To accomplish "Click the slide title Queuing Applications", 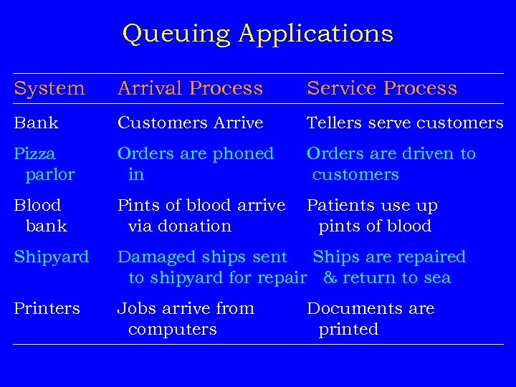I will point(258,34).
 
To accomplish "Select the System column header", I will point(49,88).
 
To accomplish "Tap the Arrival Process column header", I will point(190,88).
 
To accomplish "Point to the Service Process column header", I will point(381,88).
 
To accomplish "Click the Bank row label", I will point(37,123).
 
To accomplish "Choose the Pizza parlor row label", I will point(44,164).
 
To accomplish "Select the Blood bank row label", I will point(41,216).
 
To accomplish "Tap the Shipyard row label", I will point(52,257).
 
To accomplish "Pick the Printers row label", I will point(47,309).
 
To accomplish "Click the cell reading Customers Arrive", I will point(190,123).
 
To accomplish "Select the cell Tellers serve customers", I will point(405,123).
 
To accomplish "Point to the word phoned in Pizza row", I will point(244,154).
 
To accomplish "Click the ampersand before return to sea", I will point(330,278).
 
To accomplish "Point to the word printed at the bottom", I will point(348,330).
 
